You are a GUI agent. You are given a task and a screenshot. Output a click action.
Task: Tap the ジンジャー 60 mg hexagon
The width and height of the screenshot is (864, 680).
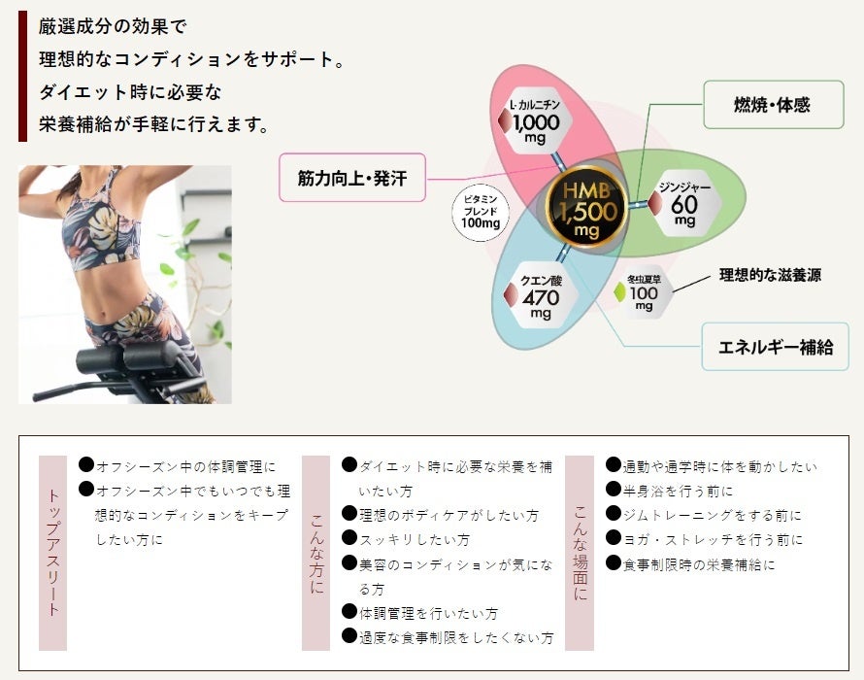point(684,202)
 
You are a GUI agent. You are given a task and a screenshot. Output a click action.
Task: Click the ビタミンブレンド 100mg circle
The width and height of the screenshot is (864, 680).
point(481,209)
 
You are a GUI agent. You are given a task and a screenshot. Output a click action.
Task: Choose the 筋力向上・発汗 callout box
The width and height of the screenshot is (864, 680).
point(352,178)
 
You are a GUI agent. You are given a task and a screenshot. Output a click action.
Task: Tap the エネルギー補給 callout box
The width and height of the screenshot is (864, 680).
point(775,347)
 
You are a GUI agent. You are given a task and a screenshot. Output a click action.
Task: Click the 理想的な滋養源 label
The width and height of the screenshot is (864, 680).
point(770,275)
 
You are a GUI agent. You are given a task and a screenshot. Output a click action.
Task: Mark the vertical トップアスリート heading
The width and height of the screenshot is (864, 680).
point(53,552)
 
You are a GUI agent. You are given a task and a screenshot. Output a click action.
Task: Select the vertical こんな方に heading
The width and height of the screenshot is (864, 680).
point(316,552)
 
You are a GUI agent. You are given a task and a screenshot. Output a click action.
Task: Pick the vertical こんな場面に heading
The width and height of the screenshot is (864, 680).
point(580,552)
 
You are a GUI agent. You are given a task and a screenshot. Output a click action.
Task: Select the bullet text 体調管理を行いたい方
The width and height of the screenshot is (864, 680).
point(428,614)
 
